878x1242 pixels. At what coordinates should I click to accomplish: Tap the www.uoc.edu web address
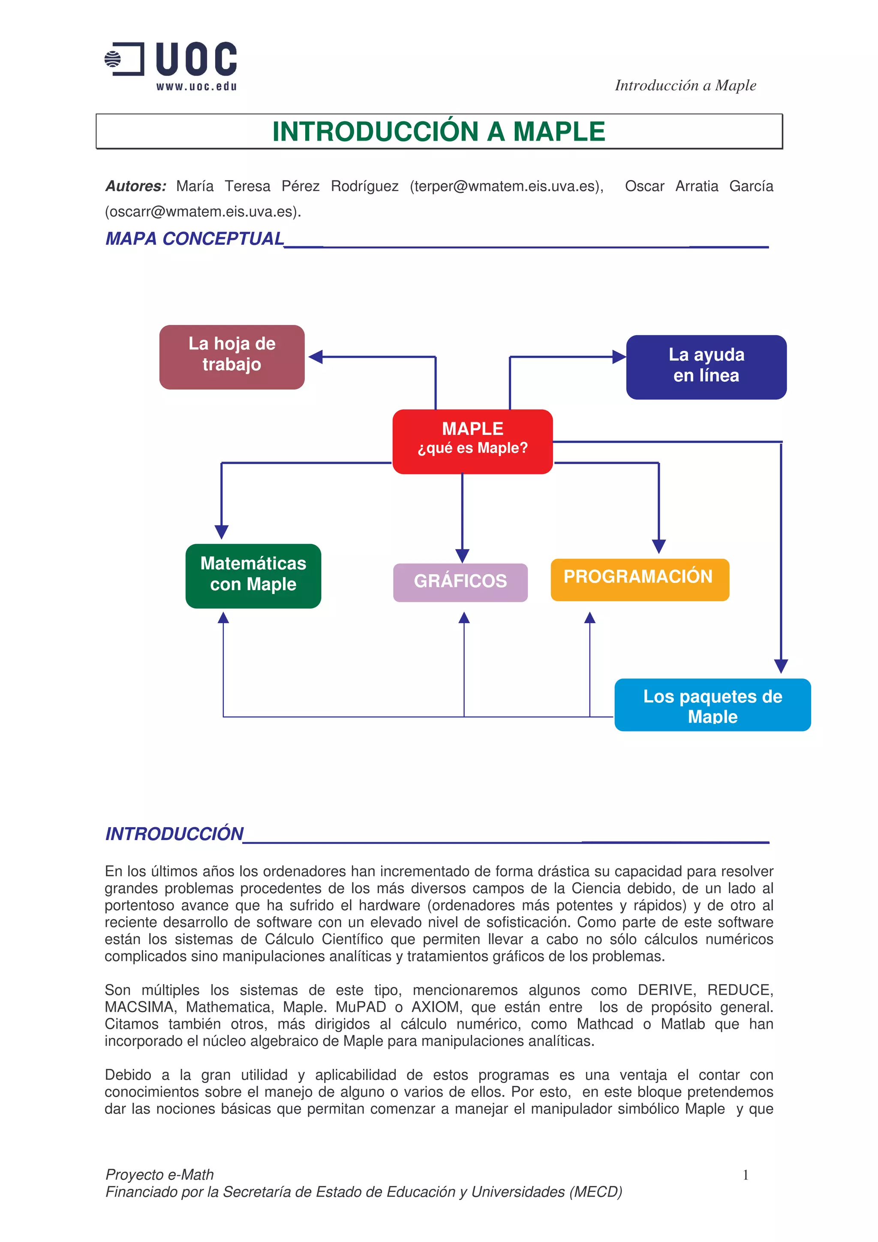pos(196,87)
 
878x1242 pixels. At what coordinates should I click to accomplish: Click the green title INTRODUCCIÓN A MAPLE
pos(438,132)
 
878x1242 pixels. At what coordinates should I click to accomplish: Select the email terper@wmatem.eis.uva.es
pos(506,186)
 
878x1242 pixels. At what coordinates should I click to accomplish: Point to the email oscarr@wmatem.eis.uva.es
pos(202,212)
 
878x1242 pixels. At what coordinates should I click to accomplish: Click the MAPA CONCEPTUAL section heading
pos(195,239)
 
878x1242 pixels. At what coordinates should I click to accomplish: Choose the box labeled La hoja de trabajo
pos(232,357)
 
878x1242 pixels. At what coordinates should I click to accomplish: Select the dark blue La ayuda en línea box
pos(706,367)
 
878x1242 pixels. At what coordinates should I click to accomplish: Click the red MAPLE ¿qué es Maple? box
pos(472,441)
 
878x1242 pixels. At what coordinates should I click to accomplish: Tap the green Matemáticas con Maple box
pos(253,575)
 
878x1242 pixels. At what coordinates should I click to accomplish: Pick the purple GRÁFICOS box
pos(460,582)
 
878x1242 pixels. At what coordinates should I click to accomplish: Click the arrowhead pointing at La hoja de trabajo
pos(316,357)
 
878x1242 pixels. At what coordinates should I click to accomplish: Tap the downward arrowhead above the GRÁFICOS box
pos(462,555)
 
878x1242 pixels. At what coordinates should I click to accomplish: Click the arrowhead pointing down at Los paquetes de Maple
pos(781,666)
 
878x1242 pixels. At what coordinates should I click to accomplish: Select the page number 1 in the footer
pos(746,1175)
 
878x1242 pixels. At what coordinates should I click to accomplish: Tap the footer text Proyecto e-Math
pos(159,1174)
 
